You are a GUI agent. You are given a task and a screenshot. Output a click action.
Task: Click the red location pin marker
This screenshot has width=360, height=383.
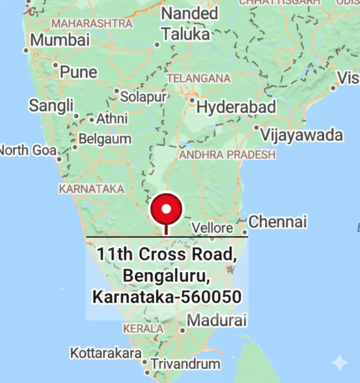(x=166, y=210)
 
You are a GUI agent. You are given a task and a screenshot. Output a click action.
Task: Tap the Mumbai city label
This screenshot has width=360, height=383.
(x=60, y=40)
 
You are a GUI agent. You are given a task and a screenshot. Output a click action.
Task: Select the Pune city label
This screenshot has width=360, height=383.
(x=78, y=72)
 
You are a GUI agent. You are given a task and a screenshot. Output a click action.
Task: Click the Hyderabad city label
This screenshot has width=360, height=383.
(x=236, y=107)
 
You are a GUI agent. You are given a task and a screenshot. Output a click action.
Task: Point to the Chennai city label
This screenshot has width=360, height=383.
(x=278, y=222)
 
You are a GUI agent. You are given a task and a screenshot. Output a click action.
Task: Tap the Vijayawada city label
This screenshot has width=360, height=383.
(x=302, y=135)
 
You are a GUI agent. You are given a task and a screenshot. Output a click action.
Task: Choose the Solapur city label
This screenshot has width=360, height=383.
(x=143, y=97)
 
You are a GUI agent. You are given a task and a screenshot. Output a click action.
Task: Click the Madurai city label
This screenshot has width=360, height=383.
(x=217, y=320)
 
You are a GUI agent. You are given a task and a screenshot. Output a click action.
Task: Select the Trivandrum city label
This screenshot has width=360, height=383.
(x=185, y=364)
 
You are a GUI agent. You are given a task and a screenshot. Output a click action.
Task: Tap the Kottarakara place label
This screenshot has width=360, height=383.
(x=106, y=353)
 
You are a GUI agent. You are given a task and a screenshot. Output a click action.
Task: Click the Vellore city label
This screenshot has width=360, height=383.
(x=212, y=228)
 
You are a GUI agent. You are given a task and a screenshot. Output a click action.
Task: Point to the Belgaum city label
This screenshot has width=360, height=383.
(x=105, y=139)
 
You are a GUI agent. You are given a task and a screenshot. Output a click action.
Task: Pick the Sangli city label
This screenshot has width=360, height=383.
(x=51, y=106)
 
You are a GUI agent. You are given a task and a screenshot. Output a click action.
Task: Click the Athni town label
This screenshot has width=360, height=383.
(x=112, y=119)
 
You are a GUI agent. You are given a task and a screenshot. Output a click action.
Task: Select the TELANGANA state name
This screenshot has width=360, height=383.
(x=199, y=78)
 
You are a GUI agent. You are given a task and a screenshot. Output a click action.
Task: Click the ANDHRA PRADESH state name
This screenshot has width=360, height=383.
(x=228, y=155)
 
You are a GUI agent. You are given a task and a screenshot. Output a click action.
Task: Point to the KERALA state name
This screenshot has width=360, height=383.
(x=143, y=329)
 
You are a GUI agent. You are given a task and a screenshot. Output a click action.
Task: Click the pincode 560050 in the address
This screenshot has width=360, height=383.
(x=211, y=297)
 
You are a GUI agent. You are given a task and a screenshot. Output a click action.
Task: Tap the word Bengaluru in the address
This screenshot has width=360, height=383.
(x=165, y=276)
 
